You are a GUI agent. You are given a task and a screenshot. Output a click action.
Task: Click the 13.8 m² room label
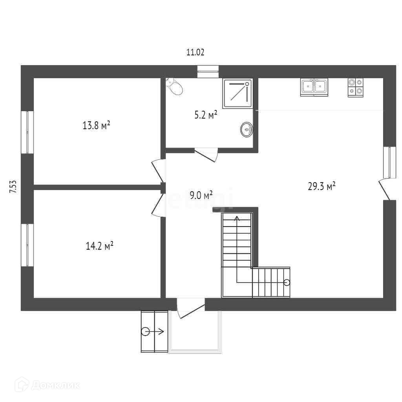[97, 125]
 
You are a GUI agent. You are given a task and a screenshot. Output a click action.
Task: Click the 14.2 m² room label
[99, 246]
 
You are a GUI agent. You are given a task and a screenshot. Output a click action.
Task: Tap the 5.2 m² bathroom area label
[206, 115]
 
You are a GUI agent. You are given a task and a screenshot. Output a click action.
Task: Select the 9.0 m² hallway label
[201, 196]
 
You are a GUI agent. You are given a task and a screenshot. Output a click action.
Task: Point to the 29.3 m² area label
[322, 186]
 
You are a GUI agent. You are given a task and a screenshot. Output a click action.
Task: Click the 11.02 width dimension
[195, 52]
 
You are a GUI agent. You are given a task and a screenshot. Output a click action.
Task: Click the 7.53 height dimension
[13, 186]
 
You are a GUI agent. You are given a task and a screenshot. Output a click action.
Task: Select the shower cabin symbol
[238, 93]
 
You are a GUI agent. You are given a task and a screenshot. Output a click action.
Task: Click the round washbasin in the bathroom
[247, 130]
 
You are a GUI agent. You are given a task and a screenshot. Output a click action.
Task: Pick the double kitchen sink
[314, 87]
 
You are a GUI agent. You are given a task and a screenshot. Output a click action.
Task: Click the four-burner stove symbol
[356, 88]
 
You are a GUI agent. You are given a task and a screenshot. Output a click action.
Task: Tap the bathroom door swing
[206, 155]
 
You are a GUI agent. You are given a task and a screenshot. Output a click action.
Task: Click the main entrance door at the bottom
[191, 309]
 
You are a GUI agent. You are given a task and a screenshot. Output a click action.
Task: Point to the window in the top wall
[208, 72]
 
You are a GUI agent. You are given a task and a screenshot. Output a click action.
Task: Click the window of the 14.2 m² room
[27, 245]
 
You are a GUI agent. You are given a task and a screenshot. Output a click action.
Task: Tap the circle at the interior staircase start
[287, 283]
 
